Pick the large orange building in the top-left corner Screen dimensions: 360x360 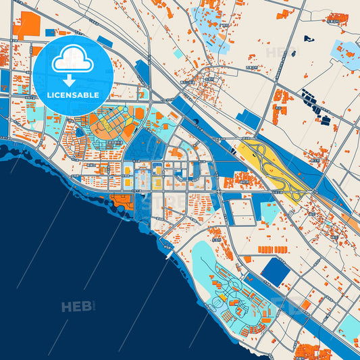[x=28, y=24]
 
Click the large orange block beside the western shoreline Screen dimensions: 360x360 [x=122, y=200]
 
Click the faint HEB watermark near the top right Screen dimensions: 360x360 [x=277, y=51]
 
